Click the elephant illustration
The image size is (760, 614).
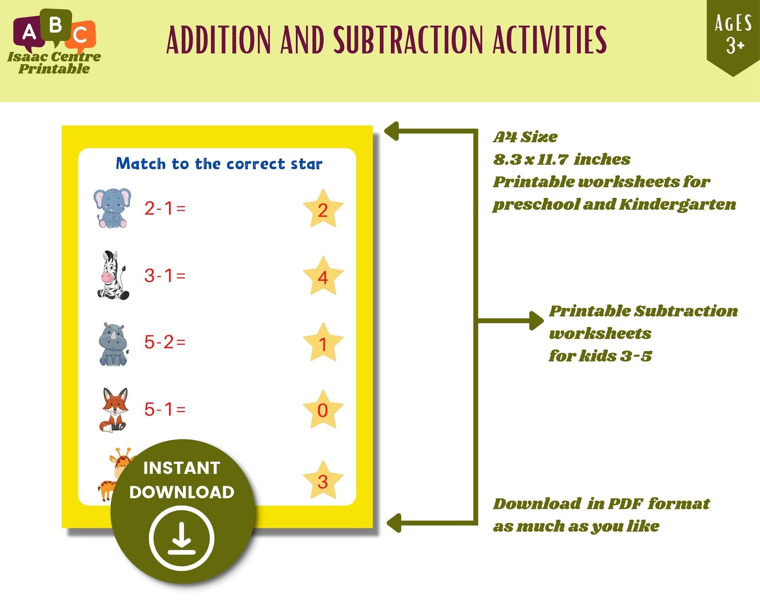coord(112,208)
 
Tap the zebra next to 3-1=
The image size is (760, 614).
coord(113,276)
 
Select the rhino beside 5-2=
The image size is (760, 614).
coord(113,344)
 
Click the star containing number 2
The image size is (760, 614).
coord(323,209)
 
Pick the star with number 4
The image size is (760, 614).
coord(323,277)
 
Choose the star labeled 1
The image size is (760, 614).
coord(323,343)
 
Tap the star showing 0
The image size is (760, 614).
coord(323,410)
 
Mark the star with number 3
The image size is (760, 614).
coord(323,480)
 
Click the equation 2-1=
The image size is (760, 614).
coord(165,208)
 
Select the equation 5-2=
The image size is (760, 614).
coord(165,342)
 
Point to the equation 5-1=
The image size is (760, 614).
coord(165,409)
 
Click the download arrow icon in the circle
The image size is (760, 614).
coord(181,538)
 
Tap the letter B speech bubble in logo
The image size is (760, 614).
coord(56,25)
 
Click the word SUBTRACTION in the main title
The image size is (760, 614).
coord(408,40)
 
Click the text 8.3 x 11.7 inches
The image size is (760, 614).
coord(561,159)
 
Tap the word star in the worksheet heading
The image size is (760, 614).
coord(306,164)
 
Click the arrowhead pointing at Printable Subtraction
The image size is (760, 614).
coord(537,320)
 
